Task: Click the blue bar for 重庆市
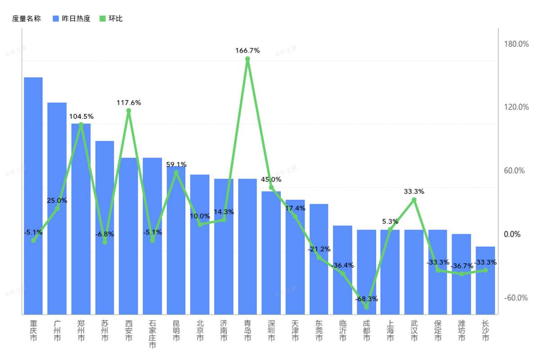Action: click(x=33, y=196)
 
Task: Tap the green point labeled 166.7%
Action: click(x=247, y=59)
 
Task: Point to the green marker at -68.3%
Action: click(x=366, y=307)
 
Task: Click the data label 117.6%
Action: click(x=129, y=103)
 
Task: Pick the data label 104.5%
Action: click(x=81, y=116)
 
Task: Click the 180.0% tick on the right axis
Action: click(x=516, y=44)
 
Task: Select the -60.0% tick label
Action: click(x=516, y=298)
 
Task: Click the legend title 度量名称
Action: click(x=26, y=18)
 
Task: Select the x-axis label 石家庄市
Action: click(x=153, y=334)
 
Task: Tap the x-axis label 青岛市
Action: click(x=247, y=330)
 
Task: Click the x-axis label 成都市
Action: click(x=366, y=330)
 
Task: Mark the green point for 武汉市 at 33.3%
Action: click(x=414, y=200)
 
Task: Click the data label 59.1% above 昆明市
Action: click(x=176, y=164)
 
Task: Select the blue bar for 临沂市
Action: click(x=342, y=270)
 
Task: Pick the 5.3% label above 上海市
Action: click(x=390, y=221)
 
